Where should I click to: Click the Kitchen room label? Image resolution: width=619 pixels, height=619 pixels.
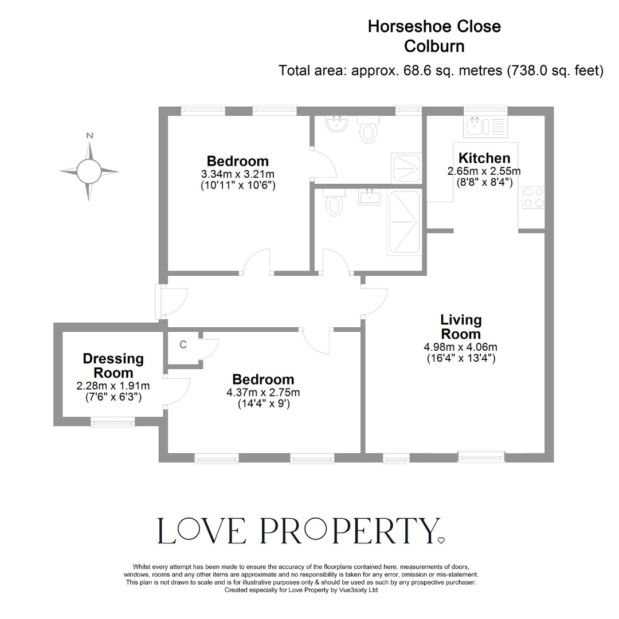(x=484, y=158)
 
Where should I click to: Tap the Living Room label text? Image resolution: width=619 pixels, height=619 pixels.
(x=461, y=327)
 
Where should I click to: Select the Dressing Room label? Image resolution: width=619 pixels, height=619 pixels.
(x=113, y=366)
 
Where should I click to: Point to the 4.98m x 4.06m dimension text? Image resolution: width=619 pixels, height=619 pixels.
(x=461, y=347)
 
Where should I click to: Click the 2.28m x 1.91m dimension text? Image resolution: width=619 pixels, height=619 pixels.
(x=113, y=386)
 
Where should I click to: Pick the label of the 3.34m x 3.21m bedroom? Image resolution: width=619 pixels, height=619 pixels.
(x=237, y=161)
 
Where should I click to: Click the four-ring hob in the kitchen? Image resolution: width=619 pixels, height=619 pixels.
(x=533, y=198)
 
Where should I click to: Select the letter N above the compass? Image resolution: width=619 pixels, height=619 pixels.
(x=89, y=136)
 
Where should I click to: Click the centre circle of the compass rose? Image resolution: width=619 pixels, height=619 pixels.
(x=89, y=171)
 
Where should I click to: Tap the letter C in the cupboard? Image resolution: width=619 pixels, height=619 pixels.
(x=183, y=344)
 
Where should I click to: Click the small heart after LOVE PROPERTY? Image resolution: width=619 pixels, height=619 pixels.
(x=441, y=540)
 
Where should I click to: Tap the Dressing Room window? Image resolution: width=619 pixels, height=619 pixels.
(x=113, y=423)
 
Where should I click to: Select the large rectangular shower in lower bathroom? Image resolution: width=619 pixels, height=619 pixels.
(x=405, y=222)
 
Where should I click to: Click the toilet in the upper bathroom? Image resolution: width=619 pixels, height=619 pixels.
(x=367, y=131)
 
